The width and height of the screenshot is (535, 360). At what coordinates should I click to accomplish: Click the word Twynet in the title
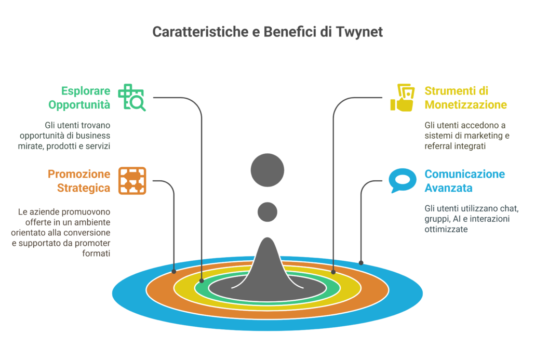358,32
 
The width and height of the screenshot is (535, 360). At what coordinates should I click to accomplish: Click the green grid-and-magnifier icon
132,97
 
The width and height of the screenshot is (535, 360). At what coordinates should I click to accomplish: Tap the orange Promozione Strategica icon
132,180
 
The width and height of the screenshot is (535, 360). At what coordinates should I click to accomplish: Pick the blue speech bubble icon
402,180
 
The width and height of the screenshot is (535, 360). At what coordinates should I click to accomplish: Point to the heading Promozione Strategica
79,180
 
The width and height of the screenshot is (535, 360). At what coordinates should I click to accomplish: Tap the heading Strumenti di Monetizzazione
465,97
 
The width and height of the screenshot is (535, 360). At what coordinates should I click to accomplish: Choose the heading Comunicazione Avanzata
464,180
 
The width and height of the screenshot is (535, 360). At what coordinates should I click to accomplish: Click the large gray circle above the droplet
267,170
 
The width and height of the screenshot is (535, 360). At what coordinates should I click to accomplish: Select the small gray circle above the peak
267,211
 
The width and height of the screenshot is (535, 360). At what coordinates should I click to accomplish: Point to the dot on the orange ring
174,271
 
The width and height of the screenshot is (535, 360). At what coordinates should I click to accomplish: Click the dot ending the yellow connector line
333,271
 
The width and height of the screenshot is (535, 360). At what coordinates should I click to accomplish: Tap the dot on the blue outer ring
362,262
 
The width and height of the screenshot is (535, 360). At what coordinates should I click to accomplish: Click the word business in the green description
95,136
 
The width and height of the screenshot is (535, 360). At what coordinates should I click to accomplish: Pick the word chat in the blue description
509,209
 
